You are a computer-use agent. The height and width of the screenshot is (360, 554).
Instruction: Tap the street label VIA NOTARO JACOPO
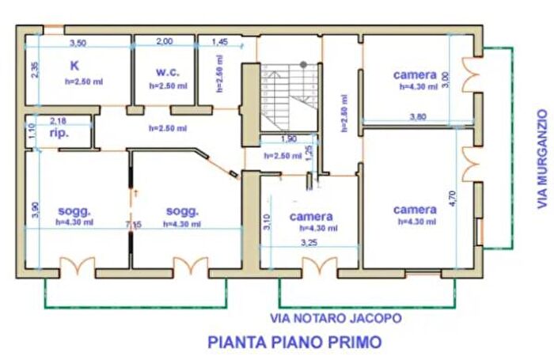(x=336, y=318)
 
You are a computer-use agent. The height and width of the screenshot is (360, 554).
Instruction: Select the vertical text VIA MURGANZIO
(x=542, y=157)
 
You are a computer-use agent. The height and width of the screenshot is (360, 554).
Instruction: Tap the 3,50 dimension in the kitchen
(x=77, y=42)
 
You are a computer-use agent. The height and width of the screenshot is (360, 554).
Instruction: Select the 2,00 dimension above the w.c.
(x=164, y=42)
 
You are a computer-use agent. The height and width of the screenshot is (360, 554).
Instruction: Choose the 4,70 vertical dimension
(x=452, y=195)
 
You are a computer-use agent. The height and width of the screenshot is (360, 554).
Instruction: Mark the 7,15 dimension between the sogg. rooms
(x=132, y=225)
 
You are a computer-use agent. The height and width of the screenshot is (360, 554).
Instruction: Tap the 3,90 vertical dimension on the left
(x=34, y=207)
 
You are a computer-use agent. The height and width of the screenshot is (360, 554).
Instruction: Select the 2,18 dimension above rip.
(x=58, y=120)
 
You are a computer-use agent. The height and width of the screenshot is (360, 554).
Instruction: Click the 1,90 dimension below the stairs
(x=289, y=139)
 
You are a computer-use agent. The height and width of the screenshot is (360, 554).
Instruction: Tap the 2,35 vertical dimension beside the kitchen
(x=34, y=70)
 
